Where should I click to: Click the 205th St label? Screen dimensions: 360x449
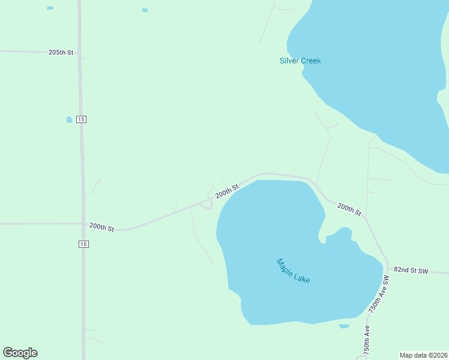pos(61,53)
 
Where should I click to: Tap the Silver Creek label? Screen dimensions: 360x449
pos(300,61)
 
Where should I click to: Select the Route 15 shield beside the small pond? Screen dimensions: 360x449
pos(82,119)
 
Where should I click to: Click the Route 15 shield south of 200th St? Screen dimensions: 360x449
pos(83,244)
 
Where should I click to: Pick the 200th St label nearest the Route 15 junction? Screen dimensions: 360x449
pos(101,227)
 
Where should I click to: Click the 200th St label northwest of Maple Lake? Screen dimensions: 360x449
pos(227,191)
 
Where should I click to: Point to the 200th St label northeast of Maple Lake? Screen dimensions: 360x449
pos(349,209)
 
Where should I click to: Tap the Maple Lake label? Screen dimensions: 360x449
pos(293,271)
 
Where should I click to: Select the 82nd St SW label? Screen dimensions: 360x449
pos(411,271)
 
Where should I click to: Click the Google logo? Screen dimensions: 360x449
pos(20,353)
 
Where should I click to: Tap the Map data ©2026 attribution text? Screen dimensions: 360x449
pos(423,355)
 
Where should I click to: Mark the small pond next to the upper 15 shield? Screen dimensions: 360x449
pos(69,119)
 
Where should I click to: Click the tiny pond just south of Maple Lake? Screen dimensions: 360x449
pos(344,326)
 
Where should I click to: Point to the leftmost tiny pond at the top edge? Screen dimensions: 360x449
pos(50,8)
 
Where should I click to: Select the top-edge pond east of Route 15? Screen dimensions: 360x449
pos(145,10)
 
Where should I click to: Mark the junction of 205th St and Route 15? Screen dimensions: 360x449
pos(80,53)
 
